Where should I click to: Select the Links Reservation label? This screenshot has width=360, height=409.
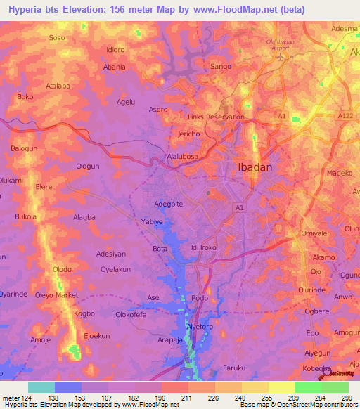pos(217,117)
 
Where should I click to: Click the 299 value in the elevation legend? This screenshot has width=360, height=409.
pos(347,398)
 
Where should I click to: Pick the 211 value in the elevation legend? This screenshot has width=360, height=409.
pos(188,398)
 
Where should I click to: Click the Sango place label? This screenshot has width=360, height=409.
pos(221,67)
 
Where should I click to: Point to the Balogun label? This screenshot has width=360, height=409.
pos(24,148)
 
